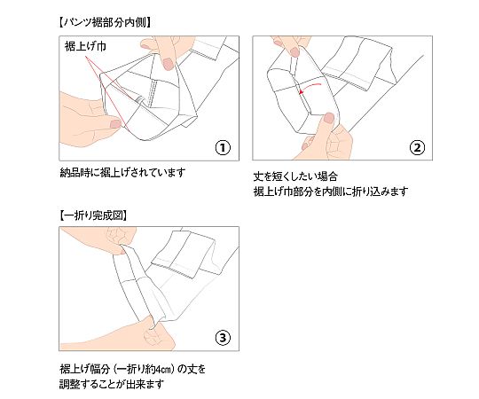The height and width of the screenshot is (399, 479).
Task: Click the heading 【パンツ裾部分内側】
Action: tap(105, 22)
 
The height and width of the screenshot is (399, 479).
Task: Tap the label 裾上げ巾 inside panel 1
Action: tap(85, 46)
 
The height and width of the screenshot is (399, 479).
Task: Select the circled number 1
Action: tap(223, 148)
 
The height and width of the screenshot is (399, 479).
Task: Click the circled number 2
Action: tap(417, 148)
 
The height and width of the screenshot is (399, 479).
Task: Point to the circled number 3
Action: tap(223, 338)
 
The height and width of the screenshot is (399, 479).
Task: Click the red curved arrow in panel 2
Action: tap(310, 87)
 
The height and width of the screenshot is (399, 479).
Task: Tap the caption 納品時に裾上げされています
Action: tap(122, 173)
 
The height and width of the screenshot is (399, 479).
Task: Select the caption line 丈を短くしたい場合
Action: tap(295, 176)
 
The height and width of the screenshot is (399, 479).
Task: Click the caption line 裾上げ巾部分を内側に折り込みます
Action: tap(331, 192)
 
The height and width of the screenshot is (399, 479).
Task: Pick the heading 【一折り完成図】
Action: tap(93, 215)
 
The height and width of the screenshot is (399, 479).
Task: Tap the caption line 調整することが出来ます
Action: tap(112, 384)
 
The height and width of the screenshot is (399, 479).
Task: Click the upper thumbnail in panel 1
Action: tap(168, 64)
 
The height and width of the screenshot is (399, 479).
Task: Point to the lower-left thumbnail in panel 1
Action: tap(115, 123)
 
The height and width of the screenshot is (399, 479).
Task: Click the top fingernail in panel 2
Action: tap(294, 52)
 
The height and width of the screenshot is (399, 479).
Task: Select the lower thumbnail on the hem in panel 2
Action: tap(329, 118)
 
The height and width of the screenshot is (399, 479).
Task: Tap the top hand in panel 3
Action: tap(101, 239)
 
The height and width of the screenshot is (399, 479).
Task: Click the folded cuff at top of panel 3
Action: tap(186, 254)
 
